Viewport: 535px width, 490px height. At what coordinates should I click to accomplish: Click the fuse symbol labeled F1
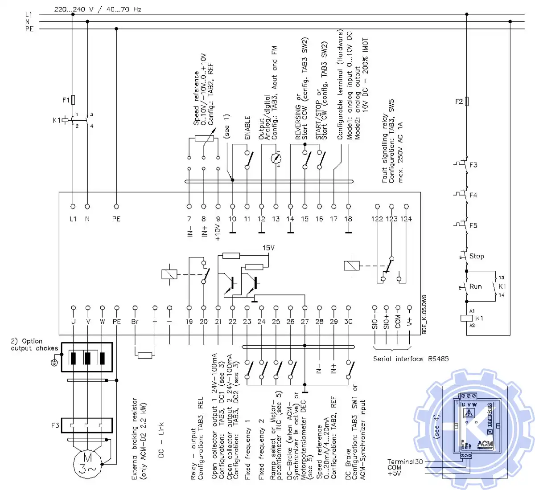click(73, 99)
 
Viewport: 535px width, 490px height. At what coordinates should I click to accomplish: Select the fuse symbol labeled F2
click(466, 101)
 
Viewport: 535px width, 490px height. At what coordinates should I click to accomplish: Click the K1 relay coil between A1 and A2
click(466, 318)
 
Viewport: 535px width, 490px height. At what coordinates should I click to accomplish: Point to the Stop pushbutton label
click(476, 256)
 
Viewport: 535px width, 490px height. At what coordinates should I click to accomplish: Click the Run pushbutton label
click(475, 286)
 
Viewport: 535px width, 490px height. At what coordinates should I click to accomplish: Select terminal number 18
click(348, 219)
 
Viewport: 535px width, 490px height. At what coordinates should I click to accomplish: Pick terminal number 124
click(406, 219)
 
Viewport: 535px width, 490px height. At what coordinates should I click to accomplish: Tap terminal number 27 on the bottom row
click(305, 321)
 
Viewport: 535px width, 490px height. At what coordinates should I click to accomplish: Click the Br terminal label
click(135, 321)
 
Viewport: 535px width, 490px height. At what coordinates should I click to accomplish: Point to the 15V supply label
click(268, 248)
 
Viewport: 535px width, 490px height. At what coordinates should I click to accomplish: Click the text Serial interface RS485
click(411, 359)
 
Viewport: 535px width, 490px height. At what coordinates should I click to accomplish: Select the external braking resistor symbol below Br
click(145, 355)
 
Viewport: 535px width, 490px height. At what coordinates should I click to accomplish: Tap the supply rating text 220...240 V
click(74, 9)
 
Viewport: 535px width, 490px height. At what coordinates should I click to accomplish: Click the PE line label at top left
click(29, 29)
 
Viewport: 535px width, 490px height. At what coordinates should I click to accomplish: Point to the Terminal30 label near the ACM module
click(404, 461)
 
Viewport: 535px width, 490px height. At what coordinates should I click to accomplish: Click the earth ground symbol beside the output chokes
click(54, 362)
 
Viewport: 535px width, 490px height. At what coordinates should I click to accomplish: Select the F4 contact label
click(473, 195)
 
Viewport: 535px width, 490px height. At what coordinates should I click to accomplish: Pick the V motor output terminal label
click(88, 321)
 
